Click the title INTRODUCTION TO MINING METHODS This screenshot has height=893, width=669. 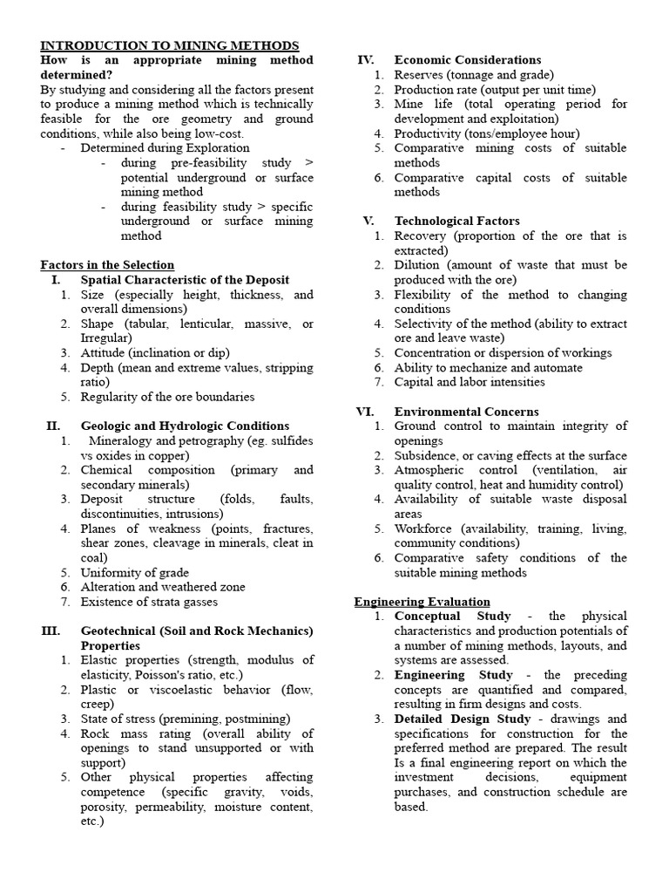click(x=170, y=45)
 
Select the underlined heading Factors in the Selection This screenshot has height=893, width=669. click(x=107, y=264)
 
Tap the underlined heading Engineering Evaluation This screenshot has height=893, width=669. click(x=422, y=602)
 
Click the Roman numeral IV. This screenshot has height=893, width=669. click(x=366, y=60)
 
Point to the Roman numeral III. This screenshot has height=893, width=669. click(x=51, y=631)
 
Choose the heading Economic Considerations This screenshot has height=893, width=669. click(x=468, y=60)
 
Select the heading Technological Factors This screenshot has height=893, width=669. click(x=456, y=221)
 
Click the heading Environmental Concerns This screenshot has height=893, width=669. click(x=466, y=412)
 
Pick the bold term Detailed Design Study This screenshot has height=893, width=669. click(x=462, y=719)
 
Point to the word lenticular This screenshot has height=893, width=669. click(x=209, y=324)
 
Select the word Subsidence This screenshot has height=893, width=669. click(x=426, y=455)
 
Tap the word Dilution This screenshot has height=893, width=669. click(x=416, y=264)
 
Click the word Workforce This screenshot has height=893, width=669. click(x=424, y=528)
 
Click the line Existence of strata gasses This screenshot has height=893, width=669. click(x=149, y=602)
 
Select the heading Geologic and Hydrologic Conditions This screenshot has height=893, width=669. click(x=185, y=426)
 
